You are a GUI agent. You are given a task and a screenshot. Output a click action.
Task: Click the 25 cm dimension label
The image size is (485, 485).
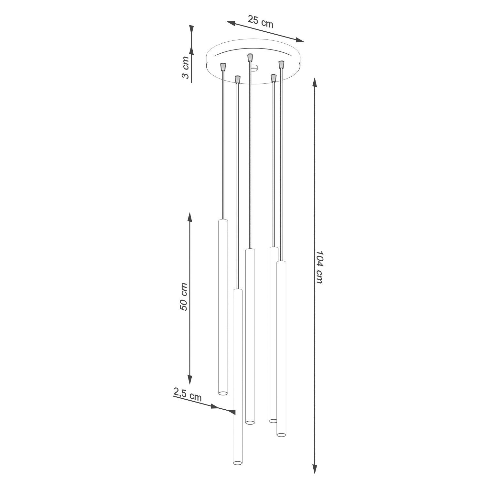click(x=261, y=22)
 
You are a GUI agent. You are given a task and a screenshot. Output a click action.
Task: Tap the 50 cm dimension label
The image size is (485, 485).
click(x=183, y=297)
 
